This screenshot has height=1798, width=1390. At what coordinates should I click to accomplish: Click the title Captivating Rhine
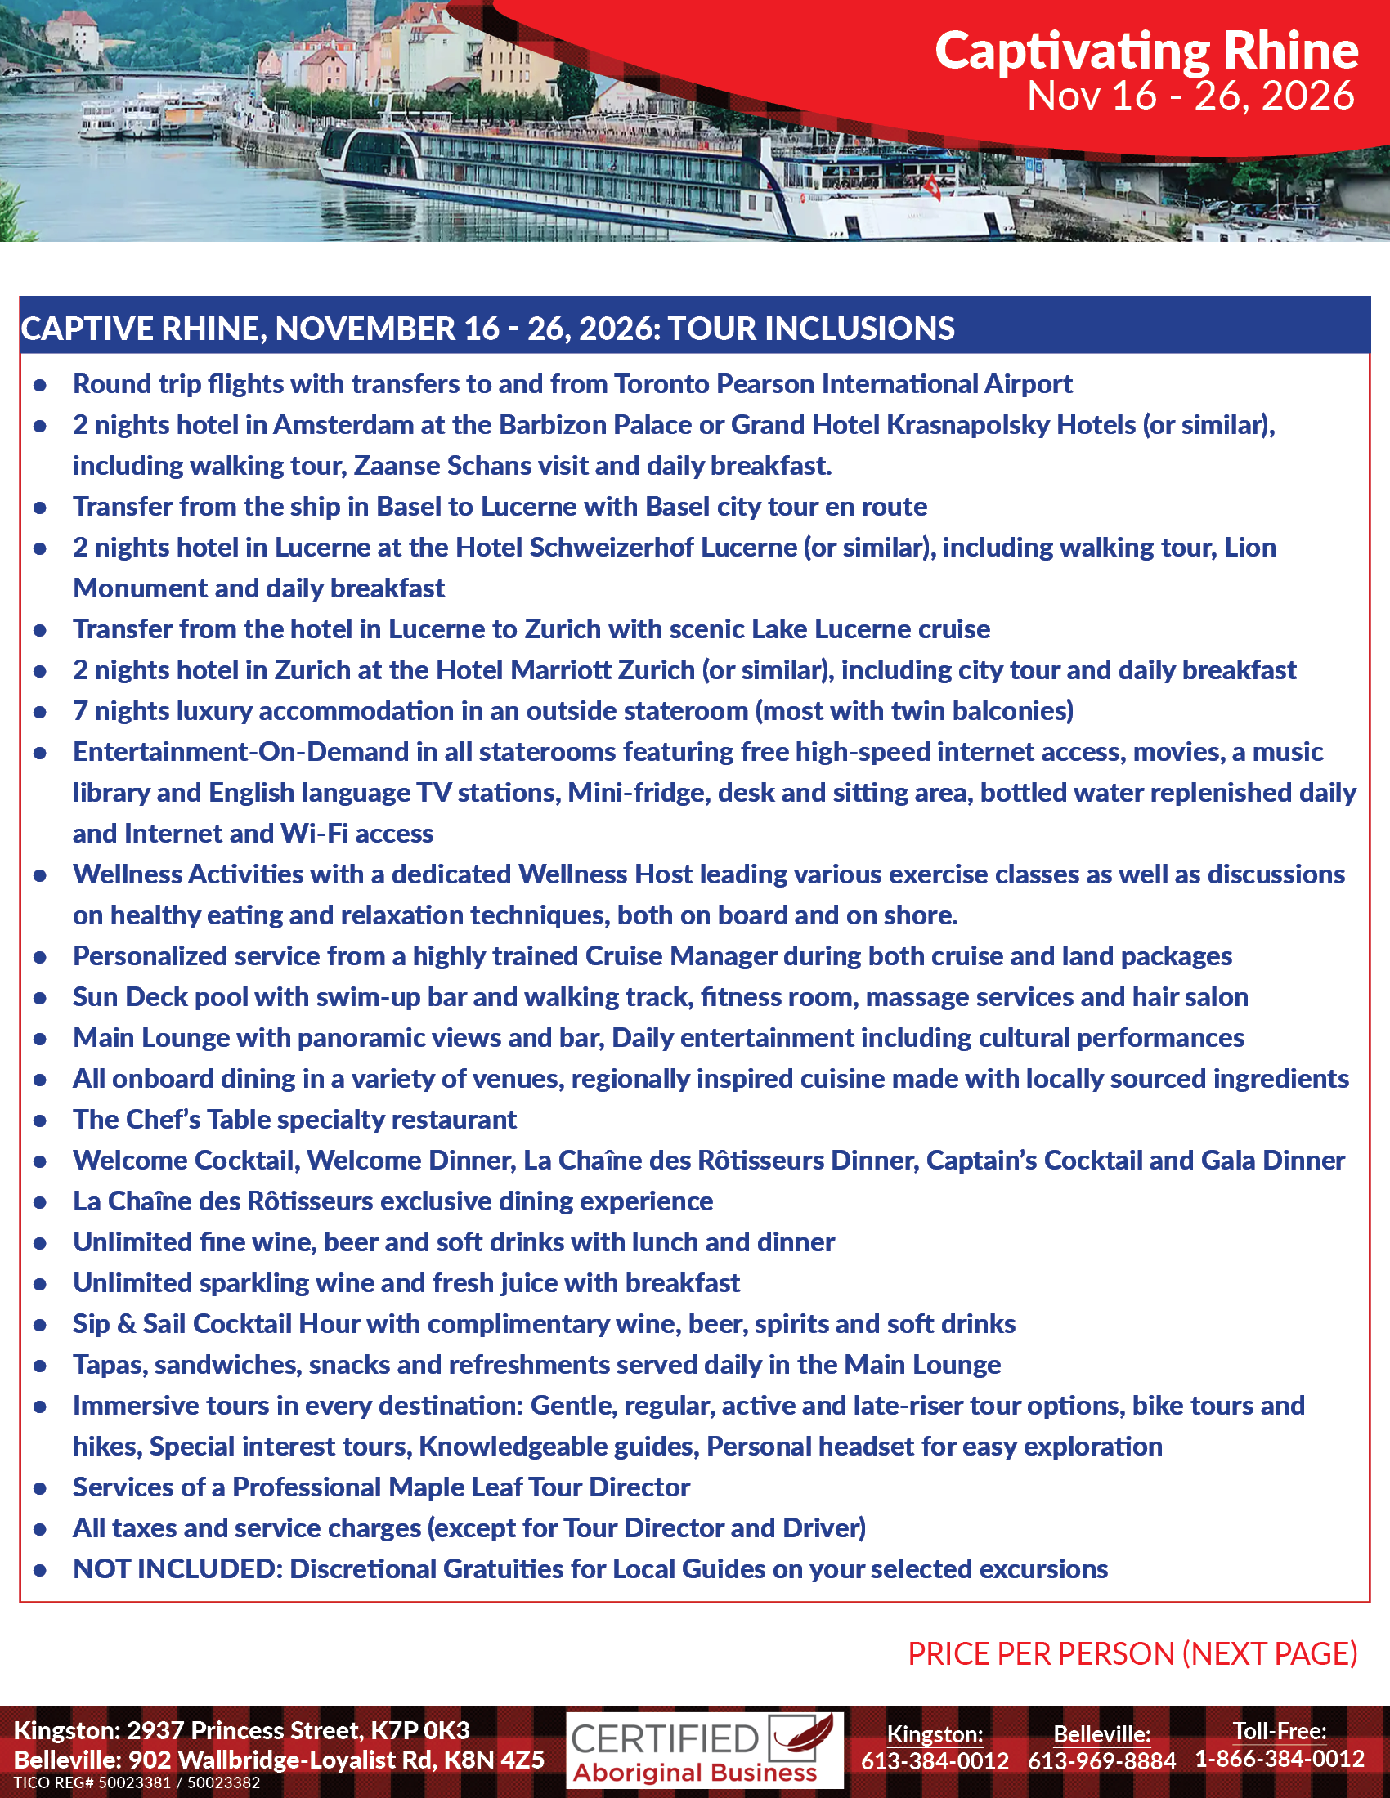1146,51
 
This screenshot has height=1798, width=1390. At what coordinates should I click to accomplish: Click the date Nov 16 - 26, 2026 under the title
1190,96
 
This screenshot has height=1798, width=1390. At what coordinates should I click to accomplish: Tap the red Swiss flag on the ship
933,189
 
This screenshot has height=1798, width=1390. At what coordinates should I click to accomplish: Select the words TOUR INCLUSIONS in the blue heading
810,329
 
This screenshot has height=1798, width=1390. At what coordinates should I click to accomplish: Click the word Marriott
560,670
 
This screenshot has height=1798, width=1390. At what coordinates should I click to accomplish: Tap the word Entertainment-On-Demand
240,752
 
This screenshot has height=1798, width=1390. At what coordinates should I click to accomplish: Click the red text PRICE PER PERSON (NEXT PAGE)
1132,1654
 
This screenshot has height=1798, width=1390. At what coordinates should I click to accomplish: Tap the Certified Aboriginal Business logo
704,1751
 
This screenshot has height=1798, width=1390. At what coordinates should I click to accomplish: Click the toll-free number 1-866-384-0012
1280,1760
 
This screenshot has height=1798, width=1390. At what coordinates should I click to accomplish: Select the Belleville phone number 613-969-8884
1101,1761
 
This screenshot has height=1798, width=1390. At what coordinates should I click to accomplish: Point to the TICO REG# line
137,1783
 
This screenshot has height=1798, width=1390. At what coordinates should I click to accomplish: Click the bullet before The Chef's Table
39,1120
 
